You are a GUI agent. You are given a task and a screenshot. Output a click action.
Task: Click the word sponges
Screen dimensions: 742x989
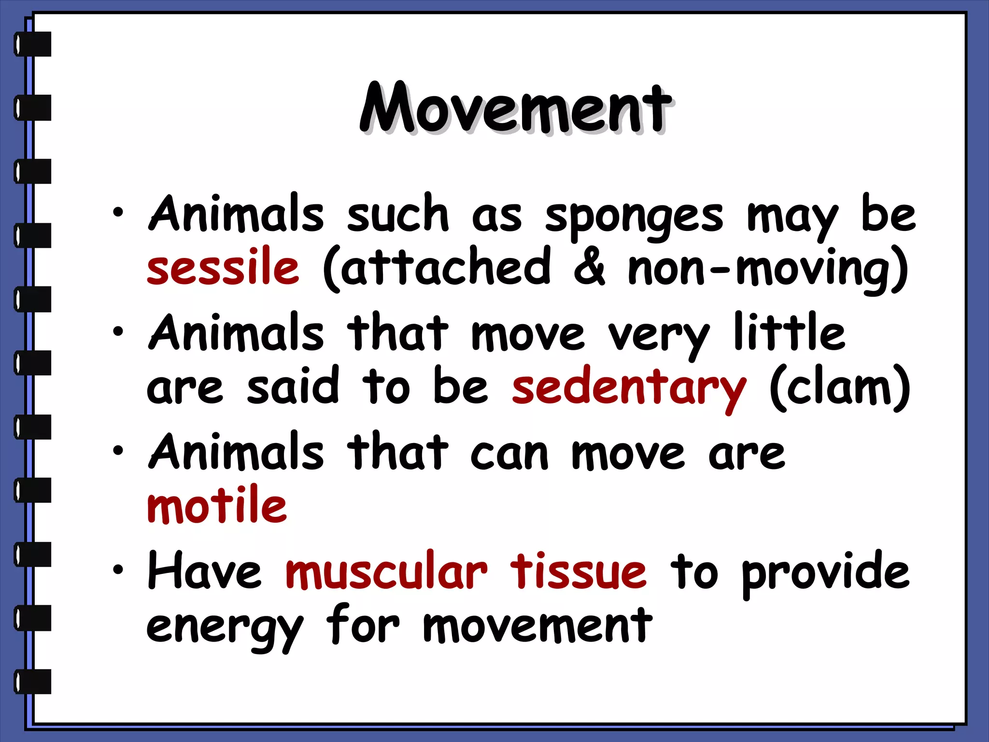[x=634, y=216]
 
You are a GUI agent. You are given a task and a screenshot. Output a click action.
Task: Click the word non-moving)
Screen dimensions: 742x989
[x=768, y=269]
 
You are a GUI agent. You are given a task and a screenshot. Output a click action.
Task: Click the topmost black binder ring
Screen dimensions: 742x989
[x=33, y=44]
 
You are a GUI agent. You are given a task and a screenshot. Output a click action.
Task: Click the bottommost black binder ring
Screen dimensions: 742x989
[x=33, y=682]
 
